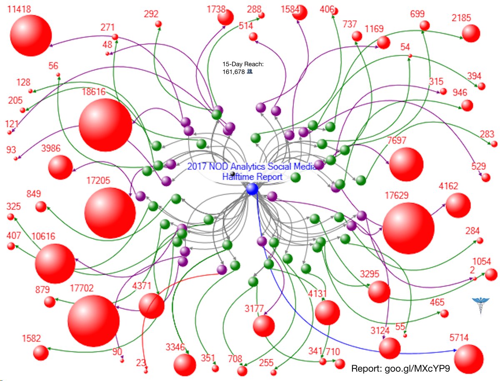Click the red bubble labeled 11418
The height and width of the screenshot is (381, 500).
coord(31,35)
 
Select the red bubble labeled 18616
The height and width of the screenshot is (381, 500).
coord(105,125)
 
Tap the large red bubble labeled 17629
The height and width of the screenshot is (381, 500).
coord(408,228)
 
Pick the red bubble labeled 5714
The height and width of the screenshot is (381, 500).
coord(469,359)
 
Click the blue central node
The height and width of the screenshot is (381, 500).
coord(252,189)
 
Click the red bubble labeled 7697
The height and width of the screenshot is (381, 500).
coord(406,164)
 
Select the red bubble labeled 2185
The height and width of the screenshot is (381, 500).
coord(471,33)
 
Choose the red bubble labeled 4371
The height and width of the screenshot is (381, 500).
coord(151,306)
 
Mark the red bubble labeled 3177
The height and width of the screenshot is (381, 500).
coord(263,326)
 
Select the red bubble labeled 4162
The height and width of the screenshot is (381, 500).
coord(458,206)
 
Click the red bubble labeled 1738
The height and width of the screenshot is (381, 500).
coord(225,17)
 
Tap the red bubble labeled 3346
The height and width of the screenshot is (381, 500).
coord(185,365)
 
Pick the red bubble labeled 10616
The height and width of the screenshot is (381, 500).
coord(55,264)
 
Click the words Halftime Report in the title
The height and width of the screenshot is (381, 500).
coord(252,177)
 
